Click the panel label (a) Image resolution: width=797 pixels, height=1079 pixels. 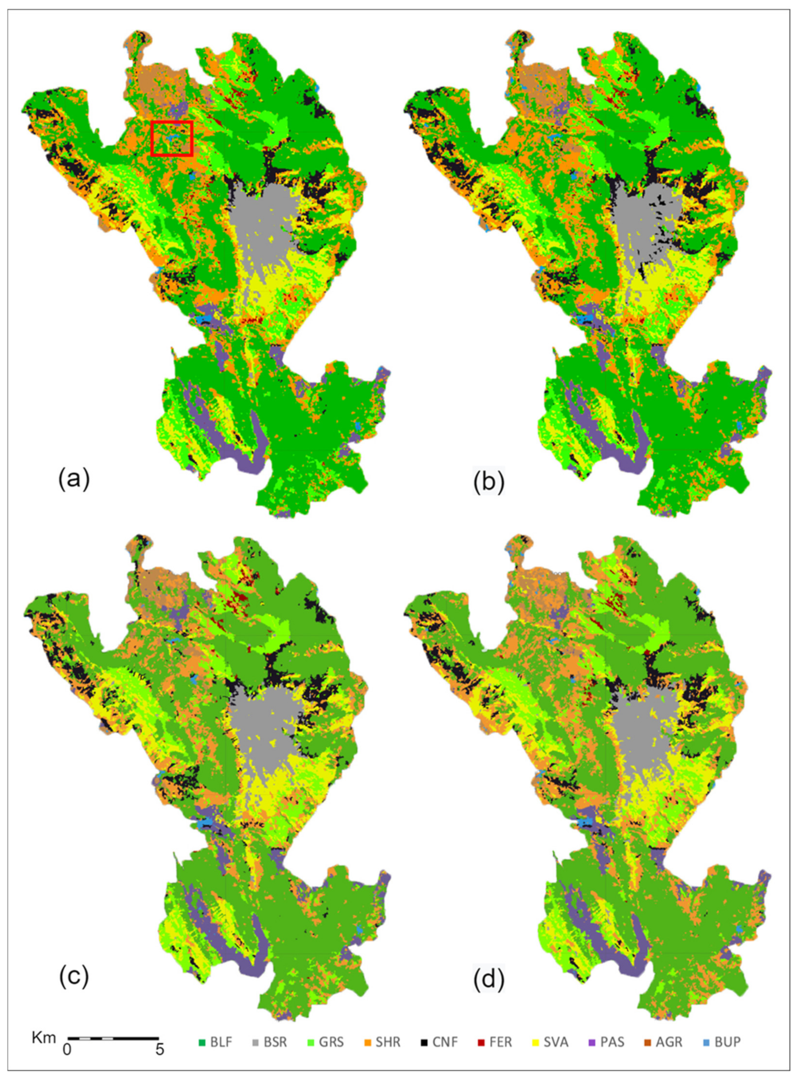pos(74,480)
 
